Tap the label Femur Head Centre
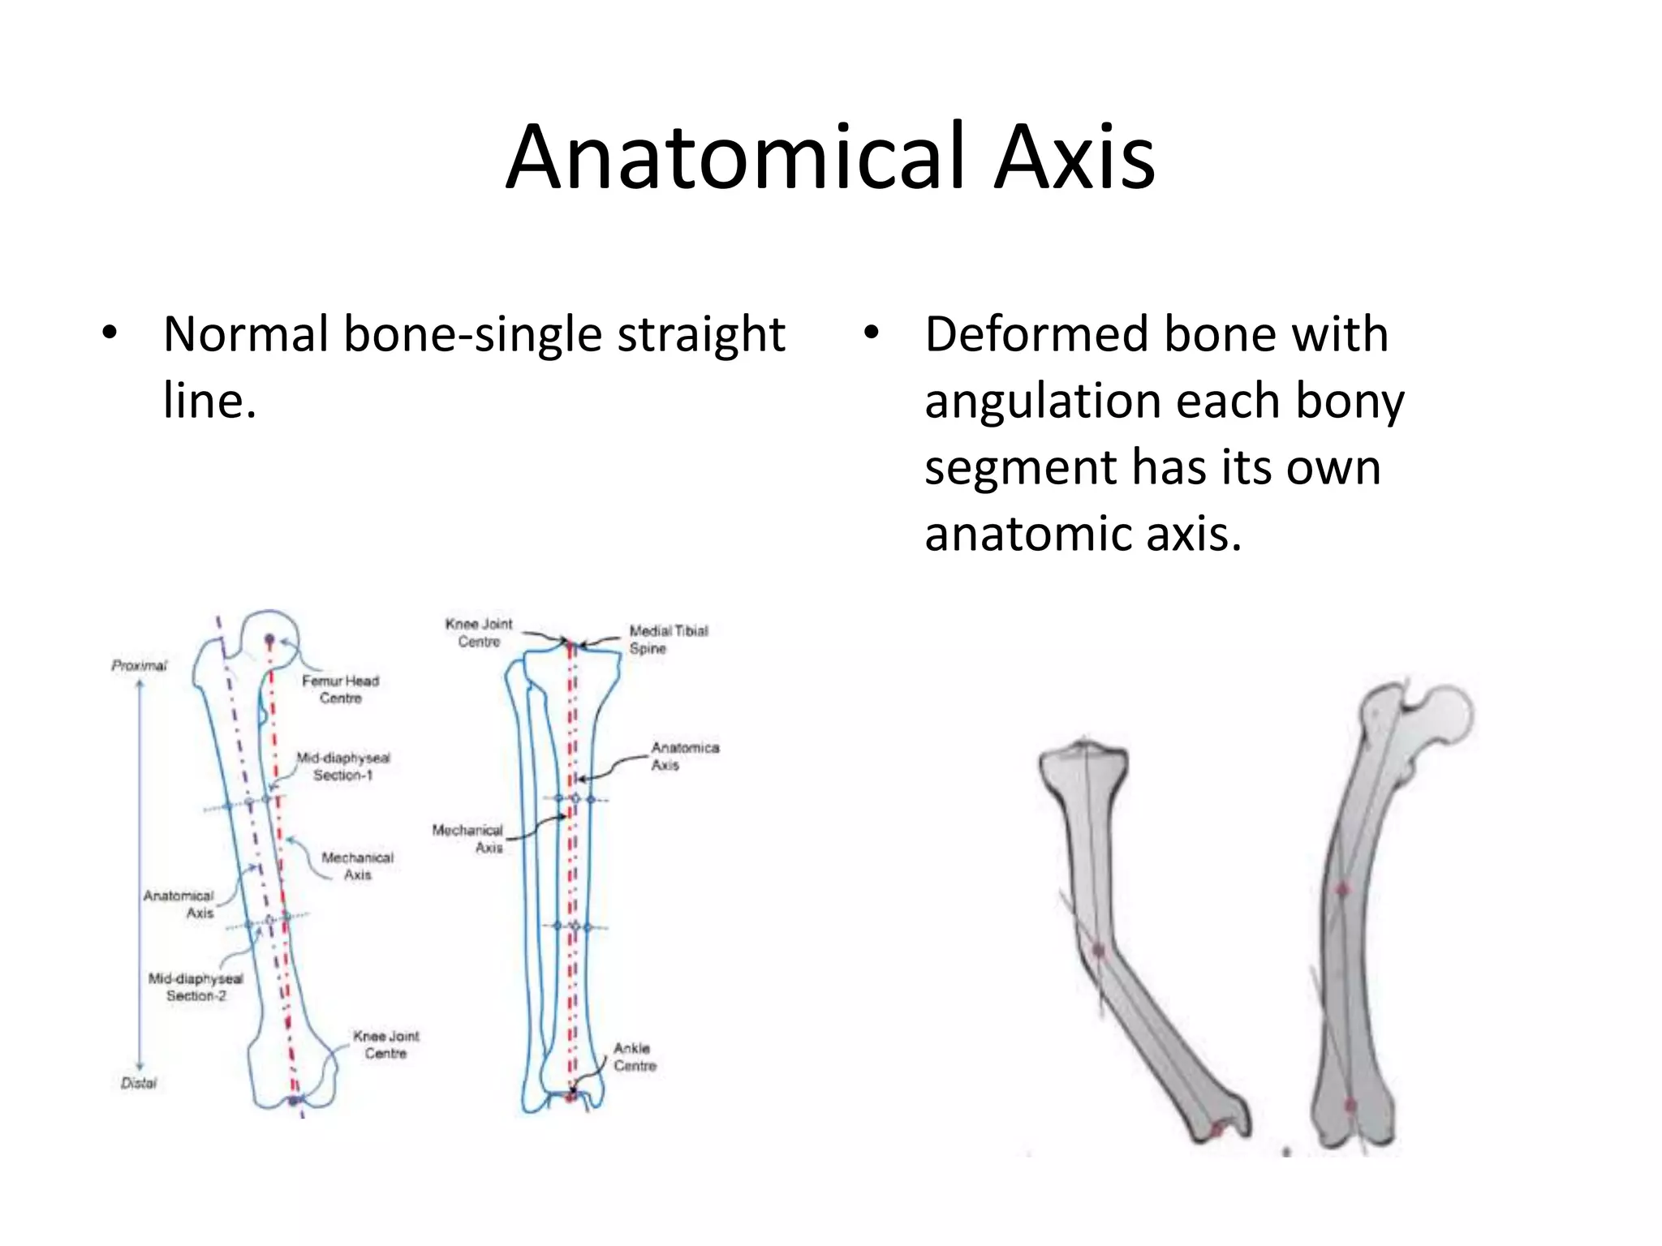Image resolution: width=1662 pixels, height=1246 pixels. [340, 690]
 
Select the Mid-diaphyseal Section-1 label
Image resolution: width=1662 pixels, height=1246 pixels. [343, 767]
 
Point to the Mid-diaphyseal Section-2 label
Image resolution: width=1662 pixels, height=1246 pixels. [196, 987]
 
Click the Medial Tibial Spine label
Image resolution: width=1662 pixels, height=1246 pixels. [668, 639]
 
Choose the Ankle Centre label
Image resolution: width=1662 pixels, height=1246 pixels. [634, 1057]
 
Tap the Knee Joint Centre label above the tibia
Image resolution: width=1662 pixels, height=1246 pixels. [479, 633]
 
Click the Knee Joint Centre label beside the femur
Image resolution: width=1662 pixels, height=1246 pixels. [385, 1045]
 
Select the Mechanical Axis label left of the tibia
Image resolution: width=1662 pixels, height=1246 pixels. [468, 839]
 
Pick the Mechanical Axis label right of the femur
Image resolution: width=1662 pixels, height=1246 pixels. [357, 866]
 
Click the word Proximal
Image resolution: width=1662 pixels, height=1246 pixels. [139, 666]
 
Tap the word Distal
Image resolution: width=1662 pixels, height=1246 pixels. [138, 1083]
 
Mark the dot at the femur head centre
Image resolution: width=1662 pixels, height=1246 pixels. [269, 639]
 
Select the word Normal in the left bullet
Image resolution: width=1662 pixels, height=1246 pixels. [247, 334]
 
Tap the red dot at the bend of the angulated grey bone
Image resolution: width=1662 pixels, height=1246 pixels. [1099, 950]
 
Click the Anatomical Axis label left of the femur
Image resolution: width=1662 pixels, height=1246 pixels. [179, 904]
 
